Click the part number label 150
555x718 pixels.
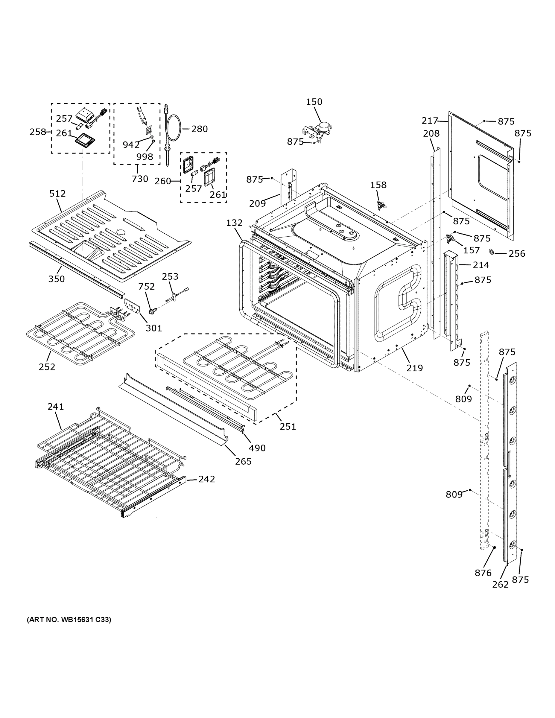[x=314, y=102]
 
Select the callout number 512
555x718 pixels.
[x=57, y=194]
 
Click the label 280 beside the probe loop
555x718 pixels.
[x=199, y=129]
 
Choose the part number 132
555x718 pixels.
[x=234, y=223]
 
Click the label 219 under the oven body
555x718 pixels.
[x=414, y=368]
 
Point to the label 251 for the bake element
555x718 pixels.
[x=288, y=427]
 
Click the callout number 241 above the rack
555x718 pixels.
[x=56, y=407]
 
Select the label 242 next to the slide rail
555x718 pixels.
[x=206, y=479]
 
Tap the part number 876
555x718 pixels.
[x=483, y=573]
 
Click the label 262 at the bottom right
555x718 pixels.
[x=500, y=584]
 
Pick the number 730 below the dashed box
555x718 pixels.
[x=140, y=179]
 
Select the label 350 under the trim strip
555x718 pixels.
[x=56, y=279]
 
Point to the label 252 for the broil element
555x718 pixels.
[x=47, y=367]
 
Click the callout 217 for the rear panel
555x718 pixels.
[x=430, y=121]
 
